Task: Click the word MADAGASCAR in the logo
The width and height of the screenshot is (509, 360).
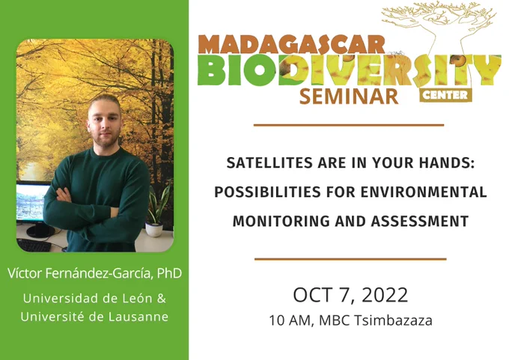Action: click(291, 44)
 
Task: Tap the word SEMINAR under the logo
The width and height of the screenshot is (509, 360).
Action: click(349, 97)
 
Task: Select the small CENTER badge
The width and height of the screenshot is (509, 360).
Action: click(445, 95)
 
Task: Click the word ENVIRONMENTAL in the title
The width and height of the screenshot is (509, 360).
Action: click(424, 192)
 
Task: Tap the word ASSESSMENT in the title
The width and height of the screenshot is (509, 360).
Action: click(420, 222)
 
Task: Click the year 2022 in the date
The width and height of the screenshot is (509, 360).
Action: click(385, 295)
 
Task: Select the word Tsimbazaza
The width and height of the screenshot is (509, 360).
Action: click(393, 320)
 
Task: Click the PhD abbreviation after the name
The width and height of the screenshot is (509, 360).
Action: click(169, 273)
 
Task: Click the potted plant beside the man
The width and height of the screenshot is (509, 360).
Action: click(157, 211)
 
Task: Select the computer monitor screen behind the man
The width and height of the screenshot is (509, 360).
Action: click(30, 202)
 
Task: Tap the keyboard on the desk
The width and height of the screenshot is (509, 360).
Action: click(34, 245)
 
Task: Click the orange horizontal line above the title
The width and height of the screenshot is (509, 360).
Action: click(349, 125)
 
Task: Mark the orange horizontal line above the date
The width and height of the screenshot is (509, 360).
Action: click(350, 259)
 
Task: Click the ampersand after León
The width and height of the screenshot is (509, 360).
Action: click(162, 299)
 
